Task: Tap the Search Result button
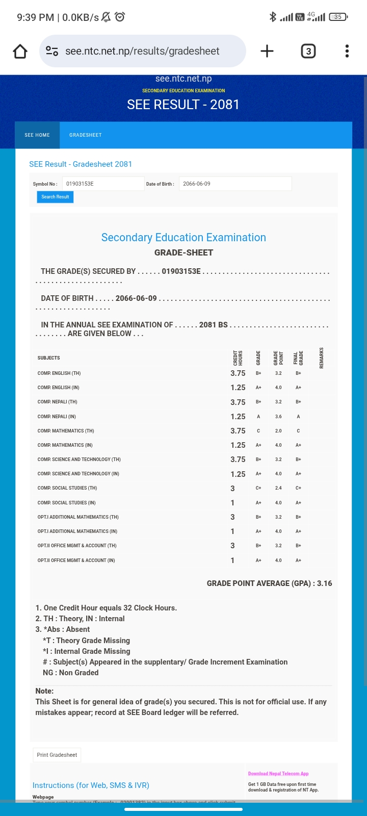[55, 197]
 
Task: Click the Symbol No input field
[103, 184]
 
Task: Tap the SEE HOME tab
[37, 135]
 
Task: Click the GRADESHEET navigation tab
[86, 135]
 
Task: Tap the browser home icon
[20, 51]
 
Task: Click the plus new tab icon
[267, 51]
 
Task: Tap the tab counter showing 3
[308, 51]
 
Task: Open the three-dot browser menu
[347, 51]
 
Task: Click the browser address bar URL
[142, 51]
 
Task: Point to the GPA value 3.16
[324, 583]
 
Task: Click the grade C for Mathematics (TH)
[258, 431]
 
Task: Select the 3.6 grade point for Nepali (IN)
[278, 417]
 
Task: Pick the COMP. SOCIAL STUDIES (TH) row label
[67, 488]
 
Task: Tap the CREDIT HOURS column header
[238, 358]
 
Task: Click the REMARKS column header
[322, 358]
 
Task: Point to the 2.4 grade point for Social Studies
[278, 488]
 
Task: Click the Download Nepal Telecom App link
[278, 774]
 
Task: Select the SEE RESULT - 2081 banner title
[183, 105]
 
